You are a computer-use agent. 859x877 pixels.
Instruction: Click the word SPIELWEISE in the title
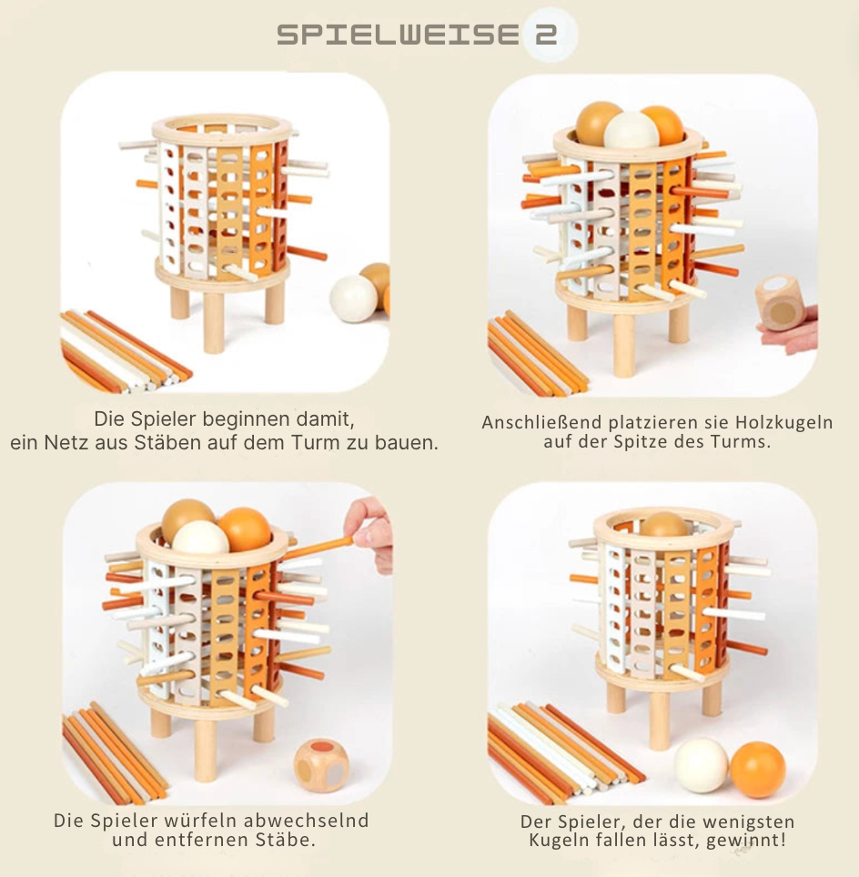coord(398,35)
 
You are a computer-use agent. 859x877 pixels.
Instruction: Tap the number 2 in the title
coord(546,35)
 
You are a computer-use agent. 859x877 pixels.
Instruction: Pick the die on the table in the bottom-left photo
coord(321,765)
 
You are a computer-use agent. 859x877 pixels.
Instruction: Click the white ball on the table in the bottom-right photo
coord(701,765)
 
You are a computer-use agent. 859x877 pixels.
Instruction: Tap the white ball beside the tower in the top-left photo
coord(353,298)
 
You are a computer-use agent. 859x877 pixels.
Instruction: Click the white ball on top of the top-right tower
coord(632,131)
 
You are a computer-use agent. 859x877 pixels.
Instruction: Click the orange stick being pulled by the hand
coord(320,548)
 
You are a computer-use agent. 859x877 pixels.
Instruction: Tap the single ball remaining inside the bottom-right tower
coord(664,525)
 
